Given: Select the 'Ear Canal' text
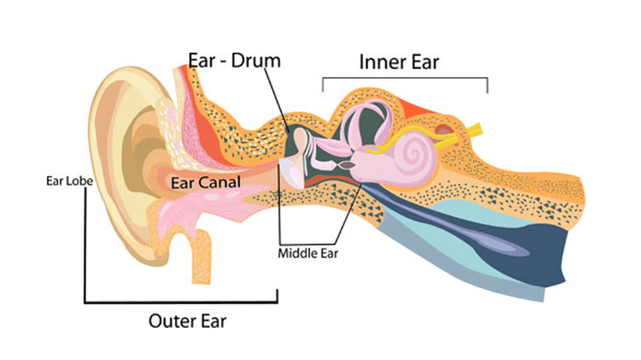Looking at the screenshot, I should pyautogui.click(x=205, y=182).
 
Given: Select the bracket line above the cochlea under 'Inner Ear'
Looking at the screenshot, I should pyautogui.click(x=405, y=79).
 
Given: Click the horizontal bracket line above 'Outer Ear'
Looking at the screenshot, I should pyautogui.click(x=181, y=302).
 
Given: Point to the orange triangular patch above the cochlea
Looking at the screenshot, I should pyautogui.click(x=415, y=106).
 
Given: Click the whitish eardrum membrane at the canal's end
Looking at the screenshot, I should pyautogui.click(x=289, y=168).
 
